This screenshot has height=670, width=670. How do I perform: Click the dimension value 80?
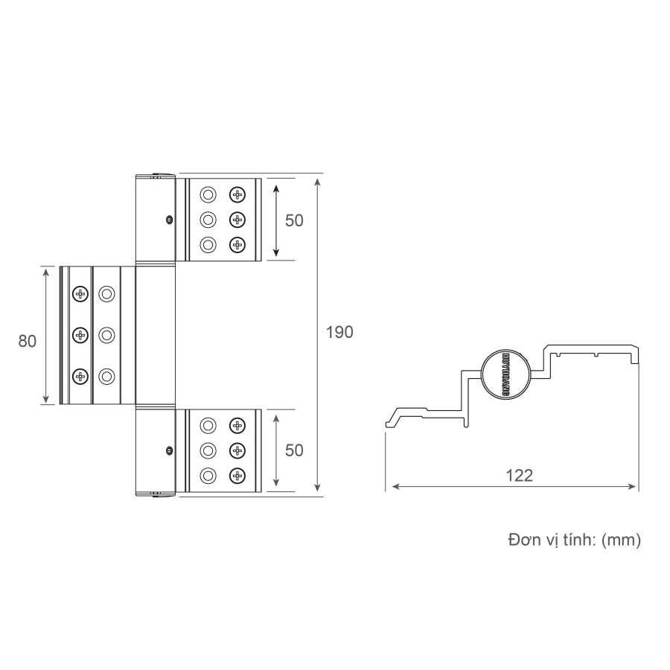28,341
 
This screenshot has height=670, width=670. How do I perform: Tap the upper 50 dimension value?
295,221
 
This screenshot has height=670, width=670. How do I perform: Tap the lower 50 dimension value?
295,450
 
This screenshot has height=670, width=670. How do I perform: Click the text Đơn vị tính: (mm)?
574,540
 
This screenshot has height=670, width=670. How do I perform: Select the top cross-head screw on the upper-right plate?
237,195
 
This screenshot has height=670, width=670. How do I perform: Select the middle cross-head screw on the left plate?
80,335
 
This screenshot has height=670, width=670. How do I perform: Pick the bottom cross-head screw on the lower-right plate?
237,474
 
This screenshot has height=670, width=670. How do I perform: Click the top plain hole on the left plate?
107,293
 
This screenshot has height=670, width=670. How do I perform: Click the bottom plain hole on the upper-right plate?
208,244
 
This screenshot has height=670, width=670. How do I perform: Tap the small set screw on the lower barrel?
170,450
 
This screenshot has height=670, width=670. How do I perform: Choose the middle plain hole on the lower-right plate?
208,450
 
